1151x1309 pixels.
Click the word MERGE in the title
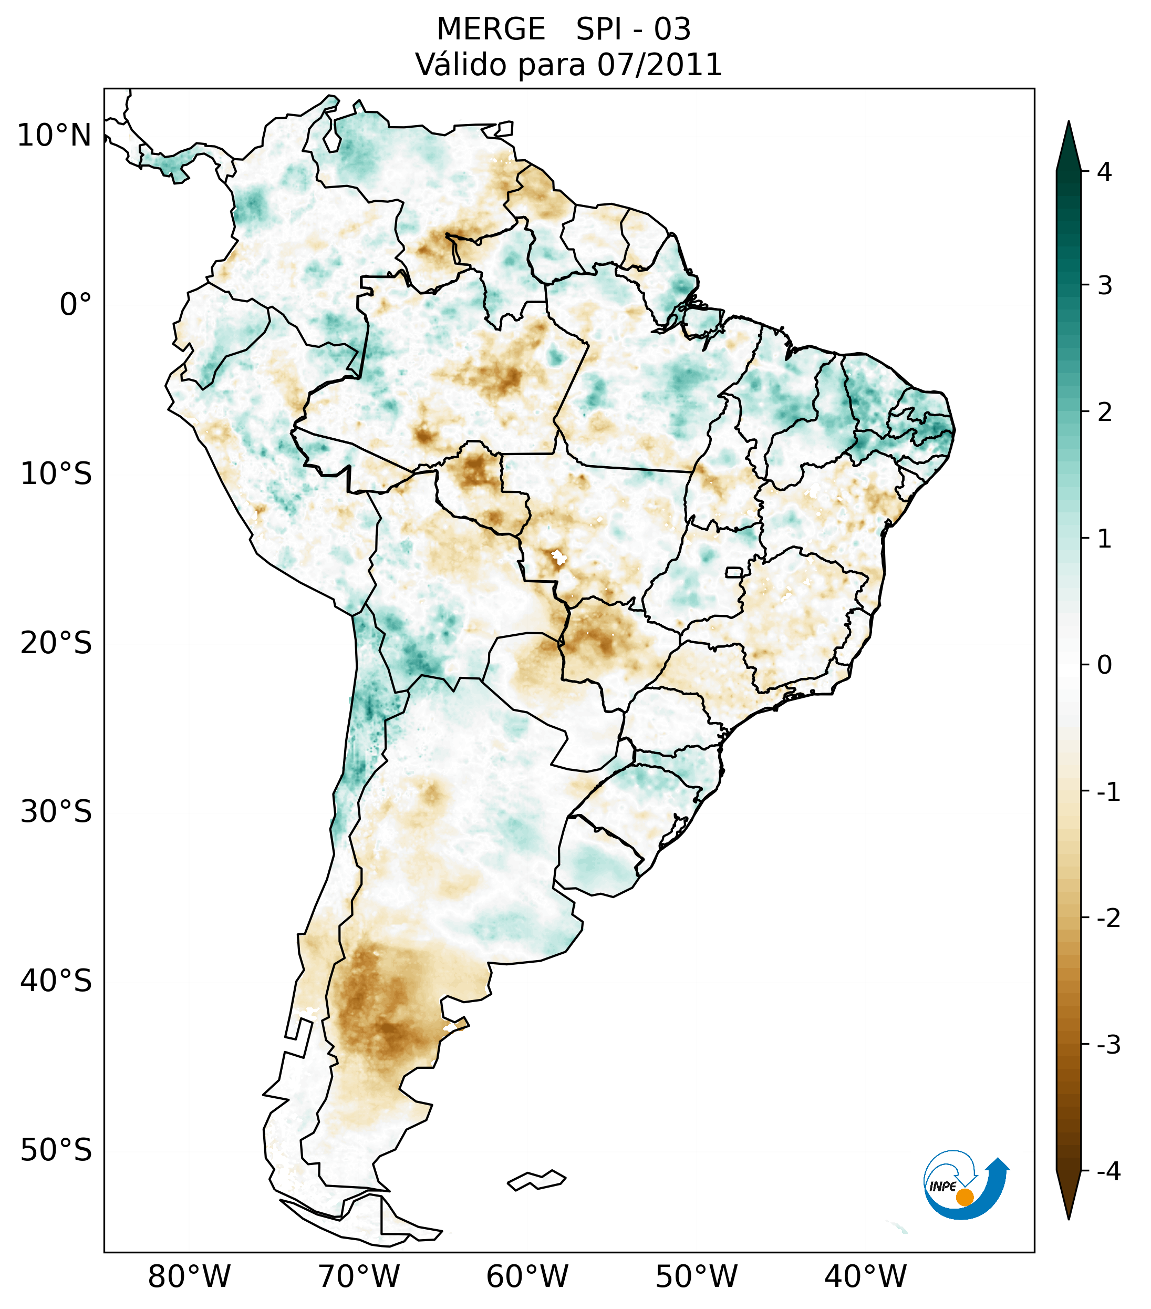(x=490, y=29)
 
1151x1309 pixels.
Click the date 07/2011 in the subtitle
(x=659, y=65)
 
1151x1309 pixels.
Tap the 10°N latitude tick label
(x=55, y=136)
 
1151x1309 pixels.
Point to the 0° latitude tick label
(x=76, y=305)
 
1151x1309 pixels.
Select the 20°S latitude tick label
(x=56, y=643)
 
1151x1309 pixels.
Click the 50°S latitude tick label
(x=56, y=1151)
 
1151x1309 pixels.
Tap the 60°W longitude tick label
(x=527, y=1277)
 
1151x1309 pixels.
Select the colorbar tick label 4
(x=1104, y=172)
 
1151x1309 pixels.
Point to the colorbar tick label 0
(x=1104, y=665)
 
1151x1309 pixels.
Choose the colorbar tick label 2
(x=1104, y=413)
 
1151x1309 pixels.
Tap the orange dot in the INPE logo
(x=965, y=1197)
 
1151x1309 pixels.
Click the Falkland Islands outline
(x=536, y=1180)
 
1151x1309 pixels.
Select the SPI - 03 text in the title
(x=633, y=29)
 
